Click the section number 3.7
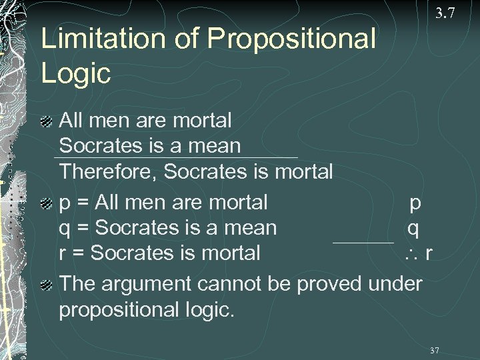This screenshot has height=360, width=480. [x=445, y=13]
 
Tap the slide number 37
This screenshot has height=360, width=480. [x=434, y=351]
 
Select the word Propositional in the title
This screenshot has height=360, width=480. [x=291, y=39]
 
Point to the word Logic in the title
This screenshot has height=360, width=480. [x=75, y=73]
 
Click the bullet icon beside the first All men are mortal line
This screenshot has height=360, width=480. [x=45, y=121]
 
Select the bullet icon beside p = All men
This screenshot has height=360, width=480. [x=45, y=203]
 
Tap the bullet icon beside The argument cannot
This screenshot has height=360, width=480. [x=45, y=285]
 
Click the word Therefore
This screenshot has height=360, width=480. [x=109, y=172]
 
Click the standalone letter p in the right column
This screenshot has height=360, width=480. [x=415, y=203]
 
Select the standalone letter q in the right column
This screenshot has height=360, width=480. [x=413, y=229]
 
